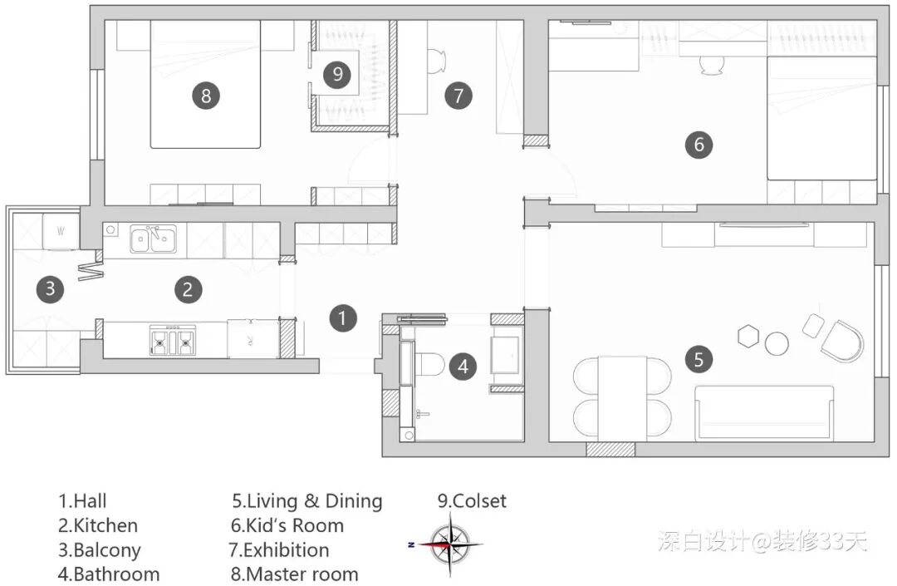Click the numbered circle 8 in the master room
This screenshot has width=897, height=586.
pos(206,96)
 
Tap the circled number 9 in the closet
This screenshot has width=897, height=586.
pos(337,74)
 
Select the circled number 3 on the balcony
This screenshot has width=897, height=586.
pos(51,288)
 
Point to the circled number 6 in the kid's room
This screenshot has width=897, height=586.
pos(698,144)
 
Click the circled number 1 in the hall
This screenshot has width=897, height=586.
pos(343,318)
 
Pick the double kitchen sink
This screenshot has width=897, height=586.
pos(153,239)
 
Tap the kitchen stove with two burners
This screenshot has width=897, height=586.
pos(172,340)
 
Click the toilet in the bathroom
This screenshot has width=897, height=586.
pos(429,364)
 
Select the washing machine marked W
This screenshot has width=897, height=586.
pos(61,231)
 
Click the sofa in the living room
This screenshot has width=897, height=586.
pos(764,413)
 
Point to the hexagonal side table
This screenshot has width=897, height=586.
pos(747,336)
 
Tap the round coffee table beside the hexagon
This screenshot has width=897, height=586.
pos(777,344)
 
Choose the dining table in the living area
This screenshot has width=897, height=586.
pos(622,399)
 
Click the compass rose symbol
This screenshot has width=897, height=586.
pos(450,544)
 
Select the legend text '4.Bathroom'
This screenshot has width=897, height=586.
pos(109,574)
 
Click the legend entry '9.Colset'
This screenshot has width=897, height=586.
pos(472,501)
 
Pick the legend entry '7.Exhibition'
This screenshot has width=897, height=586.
pos(279,550)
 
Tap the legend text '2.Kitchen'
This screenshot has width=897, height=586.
pos(98,525)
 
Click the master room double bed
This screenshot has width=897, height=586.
pos(205,84)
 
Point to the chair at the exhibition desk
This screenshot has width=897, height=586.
pos(437,62)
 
